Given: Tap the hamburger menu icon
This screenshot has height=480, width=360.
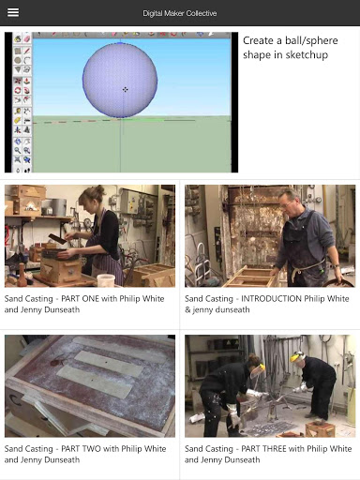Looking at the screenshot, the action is [13, 12].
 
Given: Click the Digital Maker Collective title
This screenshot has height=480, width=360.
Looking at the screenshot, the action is [180, 13].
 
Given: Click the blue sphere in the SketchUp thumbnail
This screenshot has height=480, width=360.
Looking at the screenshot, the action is [120, 81].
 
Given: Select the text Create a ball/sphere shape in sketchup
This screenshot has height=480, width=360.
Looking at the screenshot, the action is [291, 48].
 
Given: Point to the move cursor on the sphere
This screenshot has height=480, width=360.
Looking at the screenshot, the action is [125, 90].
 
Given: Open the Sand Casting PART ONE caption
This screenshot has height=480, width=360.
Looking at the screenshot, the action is [84, 304].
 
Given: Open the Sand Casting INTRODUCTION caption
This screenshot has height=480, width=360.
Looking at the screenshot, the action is [267, 304].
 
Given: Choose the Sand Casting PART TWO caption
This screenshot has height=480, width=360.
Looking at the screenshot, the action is [85, 454].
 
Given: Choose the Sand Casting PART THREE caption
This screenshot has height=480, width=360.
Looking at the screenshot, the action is [268, 454].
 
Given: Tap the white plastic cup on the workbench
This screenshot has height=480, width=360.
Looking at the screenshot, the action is [106, 280].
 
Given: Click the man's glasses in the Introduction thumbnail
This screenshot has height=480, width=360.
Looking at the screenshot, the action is [286, 204].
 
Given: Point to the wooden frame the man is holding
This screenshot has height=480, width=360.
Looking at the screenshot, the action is [251, 277].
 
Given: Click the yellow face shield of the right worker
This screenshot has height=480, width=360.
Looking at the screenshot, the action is [297, 357].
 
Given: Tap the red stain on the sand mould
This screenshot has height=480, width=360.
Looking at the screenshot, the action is [56, 363].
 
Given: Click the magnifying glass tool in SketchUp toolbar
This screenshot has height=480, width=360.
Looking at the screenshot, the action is [18, 151].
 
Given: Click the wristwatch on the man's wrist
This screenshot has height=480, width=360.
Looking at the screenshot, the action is [336, 266].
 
